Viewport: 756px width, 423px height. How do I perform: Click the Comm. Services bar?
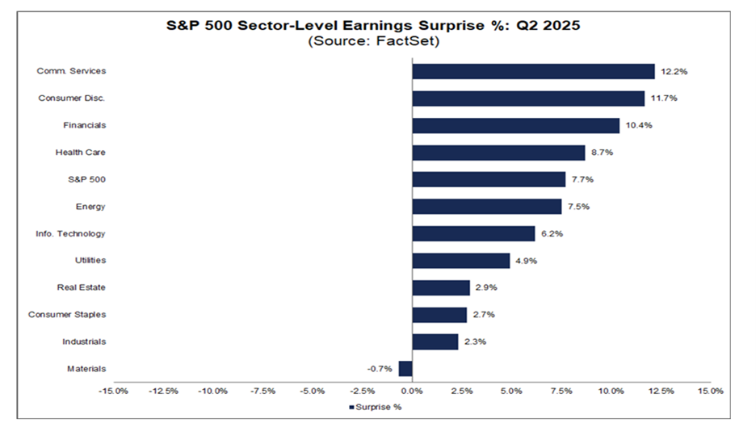tap(533, 71)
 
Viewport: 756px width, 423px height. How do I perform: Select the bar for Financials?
tap(515, 125)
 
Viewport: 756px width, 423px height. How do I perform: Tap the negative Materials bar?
tap(405, 369)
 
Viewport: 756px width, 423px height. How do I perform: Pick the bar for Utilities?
tap(460, 261)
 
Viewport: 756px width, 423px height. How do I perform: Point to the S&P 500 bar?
tap(489, 179)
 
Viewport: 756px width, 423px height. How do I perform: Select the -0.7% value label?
tap(380, 369)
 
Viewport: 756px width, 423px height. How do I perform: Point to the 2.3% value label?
tap(475, 342)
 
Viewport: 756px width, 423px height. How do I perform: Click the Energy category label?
tap(90, 207)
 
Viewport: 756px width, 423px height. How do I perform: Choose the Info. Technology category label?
tap(70, 233)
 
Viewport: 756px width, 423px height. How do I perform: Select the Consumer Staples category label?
tap(67, 315)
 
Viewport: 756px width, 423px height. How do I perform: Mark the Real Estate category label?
tap(81, 287)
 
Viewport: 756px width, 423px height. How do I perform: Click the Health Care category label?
tap(80, 153)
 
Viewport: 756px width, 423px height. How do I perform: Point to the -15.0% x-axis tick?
tap(113, 391)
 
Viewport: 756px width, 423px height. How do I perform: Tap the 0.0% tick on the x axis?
tap(412, 391)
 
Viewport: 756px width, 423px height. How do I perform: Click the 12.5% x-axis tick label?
tap(661, 391)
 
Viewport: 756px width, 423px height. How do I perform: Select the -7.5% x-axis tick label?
tap(262, 391)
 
